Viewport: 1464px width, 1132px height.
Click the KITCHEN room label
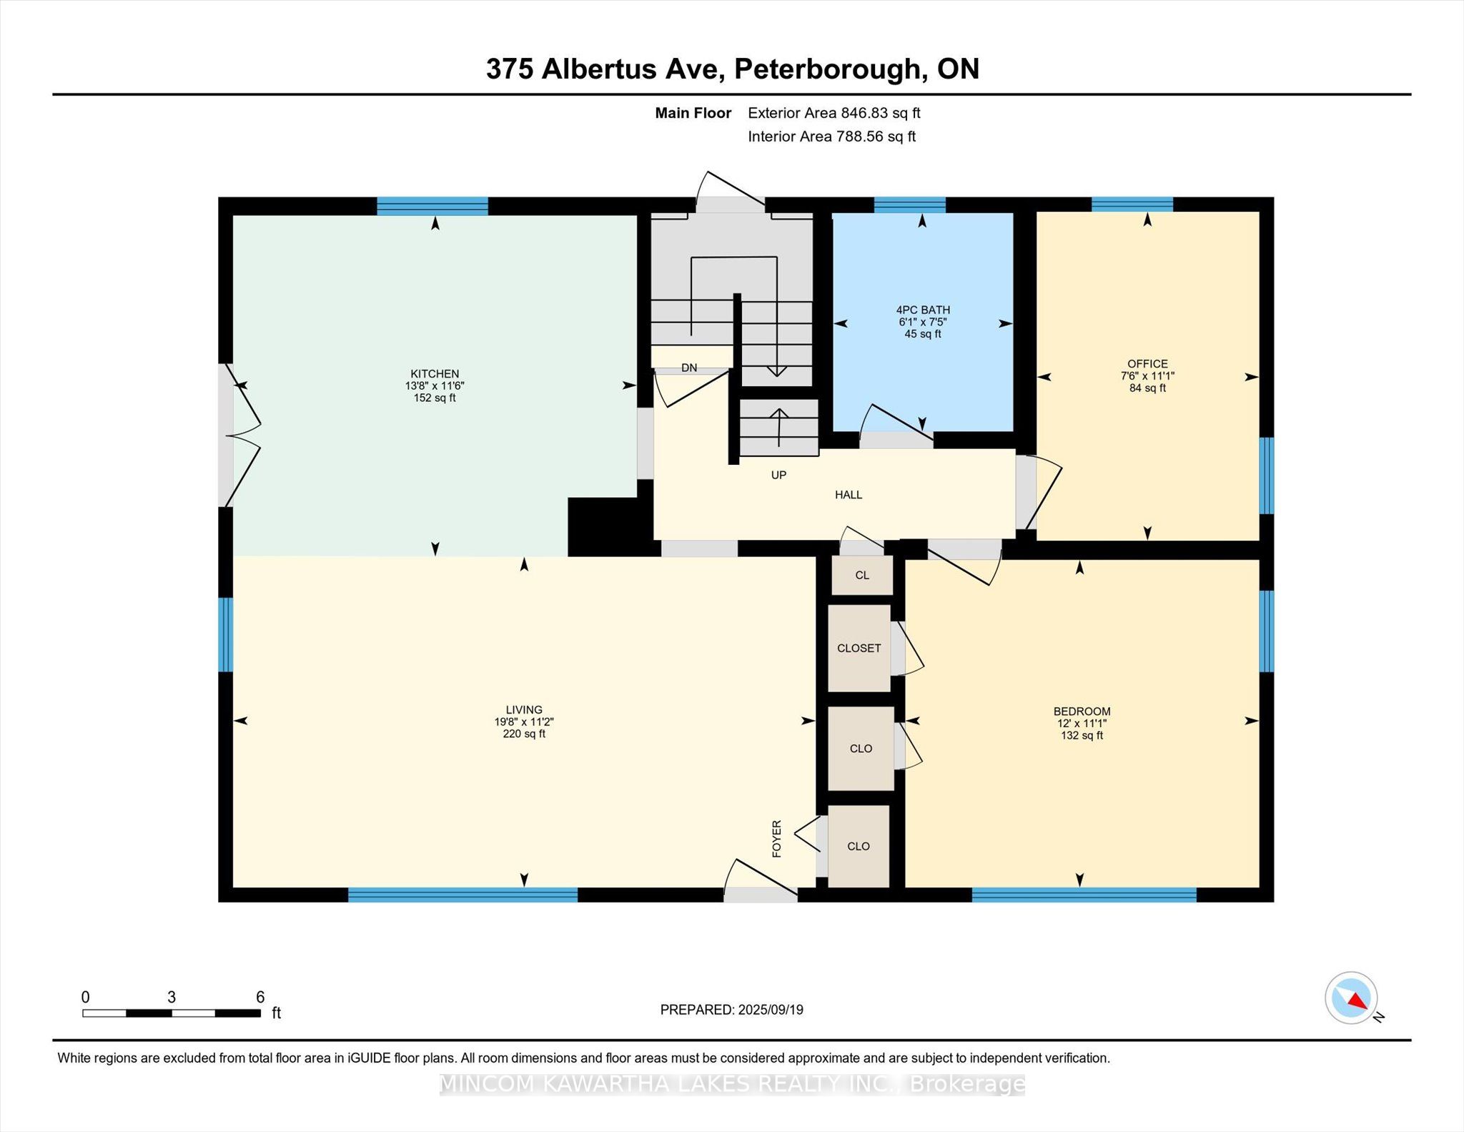point(435,373)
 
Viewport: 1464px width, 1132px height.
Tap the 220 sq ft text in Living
point(524,734)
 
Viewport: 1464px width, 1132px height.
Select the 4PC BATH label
point(923,310)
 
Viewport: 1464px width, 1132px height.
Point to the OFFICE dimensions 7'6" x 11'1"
point(1147,375)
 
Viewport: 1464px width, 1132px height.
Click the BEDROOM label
point(1082,711)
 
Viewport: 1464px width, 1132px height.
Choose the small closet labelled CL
point(862,575)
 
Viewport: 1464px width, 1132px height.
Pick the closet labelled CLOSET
point(859,648)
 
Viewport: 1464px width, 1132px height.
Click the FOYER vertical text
point(777,839)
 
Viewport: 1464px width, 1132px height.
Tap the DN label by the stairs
point(689,368)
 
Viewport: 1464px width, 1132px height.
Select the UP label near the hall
point(778,475)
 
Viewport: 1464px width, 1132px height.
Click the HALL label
point(849,494)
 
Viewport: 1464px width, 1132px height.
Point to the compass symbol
point(1351,998)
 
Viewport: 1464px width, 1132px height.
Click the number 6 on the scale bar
point(260,997)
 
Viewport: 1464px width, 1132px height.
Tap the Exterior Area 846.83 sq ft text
point(834,113)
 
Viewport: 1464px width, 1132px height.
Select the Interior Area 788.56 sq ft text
point(831,137)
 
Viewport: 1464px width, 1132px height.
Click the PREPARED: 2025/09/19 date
point(731,1010)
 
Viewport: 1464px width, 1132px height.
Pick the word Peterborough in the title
point(826,69)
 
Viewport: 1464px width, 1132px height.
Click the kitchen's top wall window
point(432,206)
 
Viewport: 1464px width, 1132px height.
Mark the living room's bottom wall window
point(463,894)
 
